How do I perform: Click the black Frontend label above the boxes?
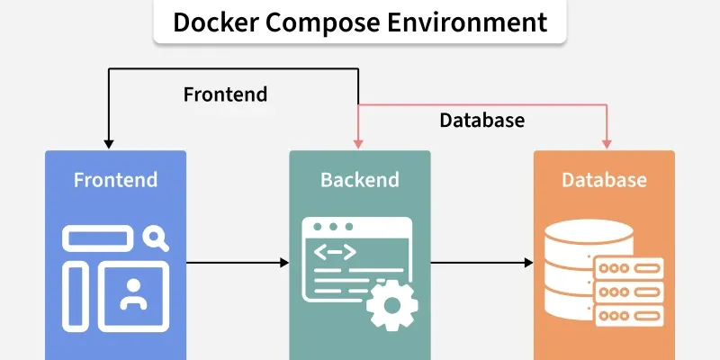click(x=225, y=94)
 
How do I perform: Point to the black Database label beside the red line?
click(x=481, y=120)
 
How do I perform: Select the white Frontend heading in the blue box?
click(x=115, y=180)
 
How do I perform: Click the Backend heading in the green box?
click(x=359, y=180)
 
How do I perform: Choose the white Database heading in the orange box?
click(x=604, y=180)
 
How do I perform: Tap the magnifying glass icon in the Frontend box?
click(x=156, y=238)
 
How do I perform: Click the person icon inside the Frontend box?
click(x=133, y=294)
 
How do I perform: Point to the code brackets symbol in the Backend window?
click(x=334, y=253)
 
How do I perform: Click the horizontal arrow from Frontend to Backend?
click(x=238, y=263)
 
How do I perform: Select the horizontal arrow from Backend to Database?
click(x=481, y=263)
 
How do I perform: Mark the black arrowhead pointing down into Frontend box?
click(x=108, y=143)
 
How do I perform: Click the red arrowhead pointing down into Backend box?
click(x=359, y=143)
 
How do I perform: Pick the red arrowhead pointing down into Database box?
click(x=606, y=143)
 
